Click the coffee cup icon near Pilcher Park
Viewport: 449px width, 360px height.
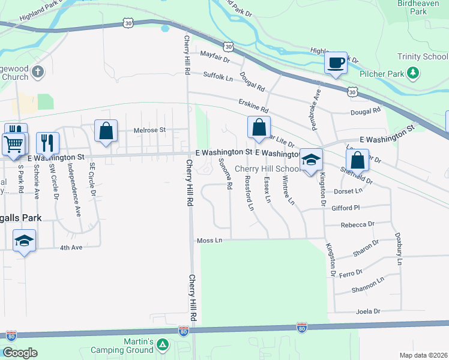point(336,62)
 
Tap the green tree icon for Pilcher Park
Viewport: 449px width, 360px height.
point(412,73)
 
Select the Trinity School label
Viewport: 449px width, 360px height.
point(423,57)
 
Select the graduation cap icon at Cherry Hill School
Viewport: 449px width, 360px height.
point(310,160)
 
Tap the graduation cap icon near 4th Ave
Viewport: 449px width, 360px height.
point(23,241)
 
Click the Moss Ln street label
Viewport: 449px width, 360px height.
point(209,241)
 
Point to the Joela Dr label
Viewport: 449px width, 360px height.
point(369,311)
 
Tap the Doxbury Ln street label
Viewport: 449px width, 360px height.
point(397,249)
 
